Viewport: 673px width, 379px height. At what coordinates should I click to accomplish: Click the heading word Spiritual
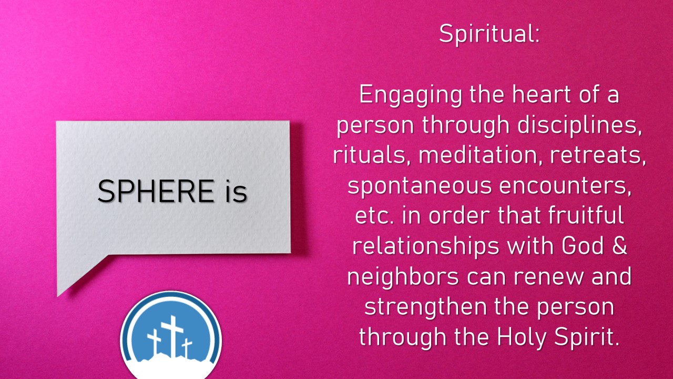click(489, 34)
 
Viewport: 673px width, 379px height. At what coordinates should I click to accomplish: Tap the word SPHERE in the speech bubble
click(156, 191)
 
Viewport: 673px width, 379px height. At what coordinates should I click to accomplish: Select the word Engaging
click(410, 95)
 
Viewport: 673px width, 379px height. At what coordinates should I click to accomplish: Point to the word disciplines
click(580, 125)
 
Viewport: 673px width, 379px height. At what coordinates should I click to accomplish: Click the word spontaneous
click(420, 186)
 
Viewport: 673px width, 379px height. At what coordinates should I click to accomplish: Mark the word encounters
click(565, 186)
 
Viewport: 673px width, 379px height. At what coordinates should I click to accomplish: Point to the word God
click(583, 245)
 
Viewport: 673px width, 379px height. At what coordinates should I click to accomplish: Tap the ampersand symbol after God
click(619, 245)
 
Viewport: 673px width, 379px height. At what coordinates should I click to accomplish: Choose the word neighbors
click(403, 277)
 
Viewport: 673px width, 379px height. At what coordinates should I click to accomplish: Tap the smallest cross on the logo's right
click(187, 348)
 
